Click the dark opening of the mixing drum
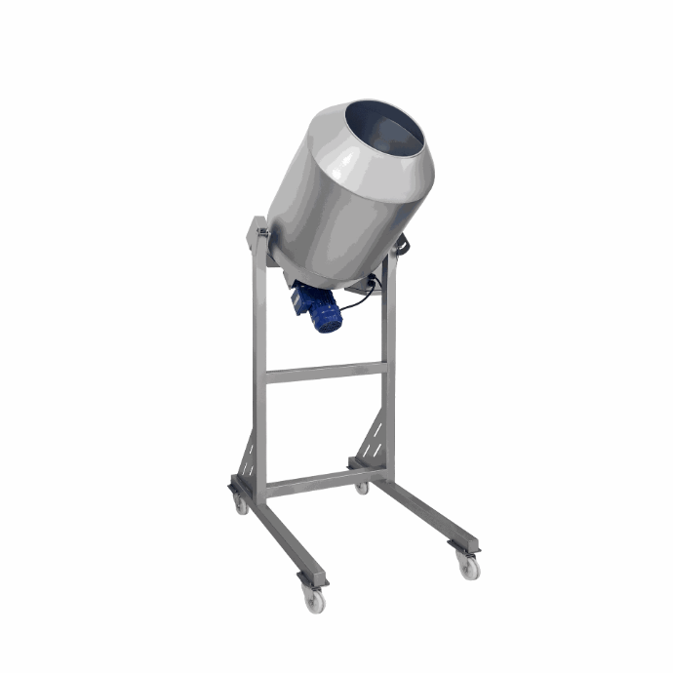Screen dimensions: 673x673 386,127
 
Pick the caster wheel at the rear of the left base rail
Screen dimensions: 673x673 239,503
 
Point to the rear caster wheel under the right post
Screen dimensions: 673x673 362,486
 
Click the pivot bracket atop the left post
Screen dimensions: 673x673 259,235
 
